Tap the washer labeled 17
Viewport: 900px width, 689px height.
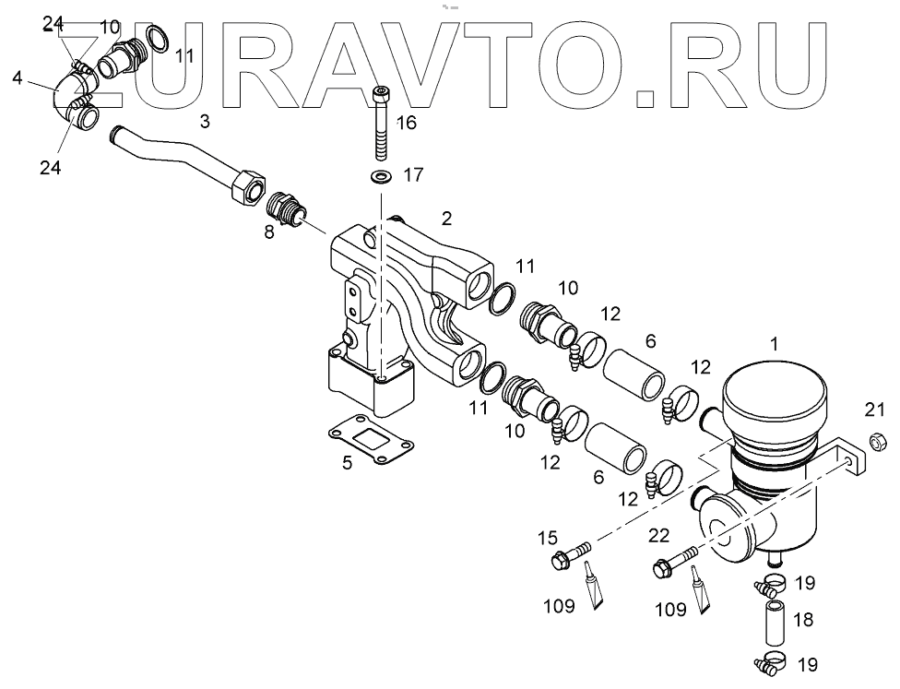pos(380,175)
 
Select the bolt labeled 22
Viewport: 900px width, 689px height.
pos(674,563)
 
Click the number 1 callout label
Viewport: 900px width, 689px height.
pos(776,344)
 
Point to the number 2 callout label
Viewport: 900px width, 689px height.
pos(446,218)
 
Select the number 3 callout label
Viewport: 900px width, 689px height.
pos(205,120)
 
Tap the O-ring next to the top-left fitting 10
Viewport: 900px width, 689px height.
pos(159,39)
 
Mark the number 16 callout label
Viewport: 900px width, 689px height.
pos(407,122)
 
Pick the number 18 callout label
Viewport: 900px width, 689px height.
pos(803,619)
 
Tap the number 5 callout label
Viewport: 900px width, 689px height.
pos(347,463)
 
